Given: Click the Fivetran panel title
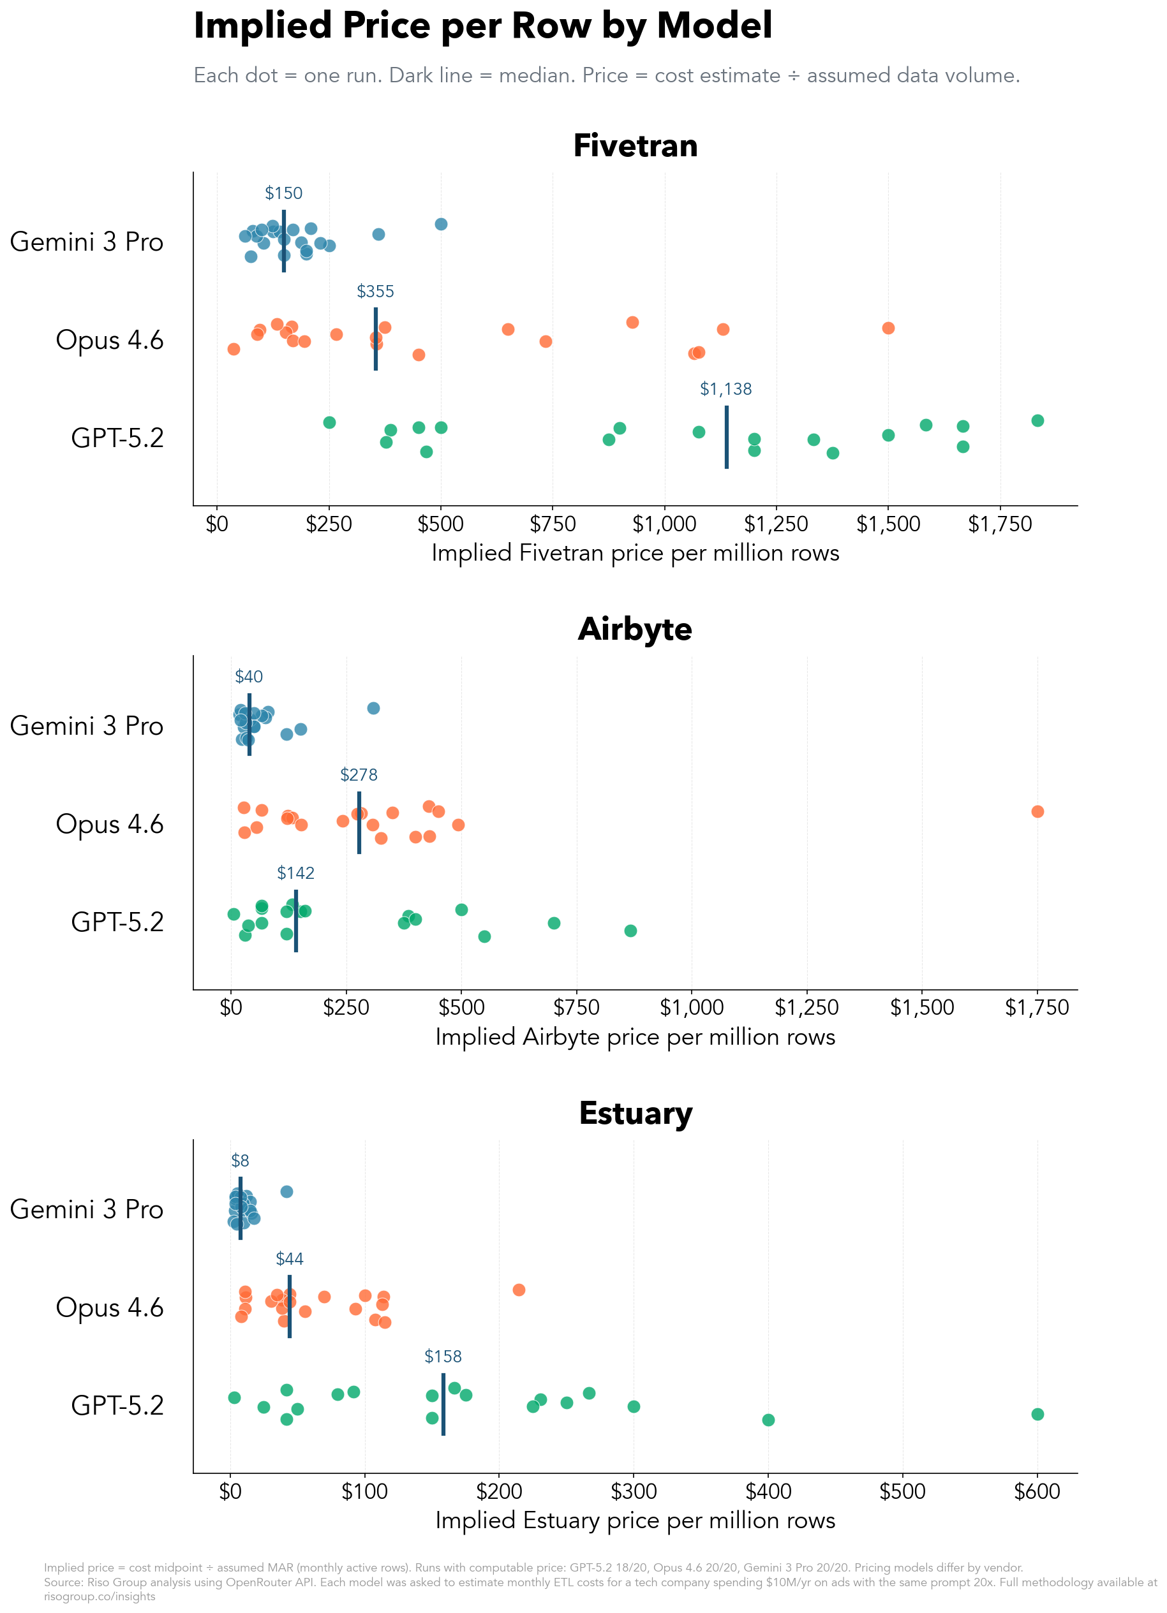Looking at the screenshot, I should [635, 146].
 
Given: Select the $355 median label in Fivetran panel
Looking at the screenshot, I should [375, 291].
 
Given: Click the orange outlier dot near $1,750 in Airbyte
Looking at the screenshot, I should [1037, 811].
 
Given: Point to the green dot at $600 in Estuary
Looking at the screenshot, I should [1037, 1414].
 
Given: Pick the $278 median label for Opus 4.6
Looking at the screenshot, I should [359, 775].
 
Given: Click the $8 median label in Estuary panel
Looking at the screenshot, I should [240, 1161].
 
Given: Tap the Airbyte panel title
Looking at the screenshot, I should [635, 630].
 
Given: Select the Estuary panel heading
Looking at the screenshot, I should [635, 1113].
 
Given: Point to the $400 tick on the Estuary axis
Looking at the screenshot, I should [768, 1491].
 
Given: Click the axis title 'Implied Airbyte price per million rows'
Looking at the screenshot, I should [635, 1037].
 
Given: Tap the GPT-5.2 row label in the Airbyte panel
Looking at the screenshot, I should [117, 922].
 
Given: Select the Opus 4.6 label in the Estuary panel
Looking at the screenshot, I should [110, 1307].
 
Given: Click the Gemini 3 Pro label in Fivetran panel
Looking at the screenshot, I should [87, 242].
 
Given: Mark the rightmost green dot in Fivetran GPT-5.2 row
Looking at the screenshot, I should [1037, 420].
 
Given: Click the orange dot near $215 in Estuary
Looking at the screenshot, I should [519, 1290].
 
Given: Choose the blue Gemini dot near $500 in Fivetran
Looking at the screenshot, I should [440, 224].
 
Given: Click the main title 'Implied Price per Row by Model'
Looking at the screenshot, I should [482, 26].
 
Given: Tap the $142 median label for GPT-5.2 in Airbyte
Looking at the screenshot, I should [295, 873].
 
